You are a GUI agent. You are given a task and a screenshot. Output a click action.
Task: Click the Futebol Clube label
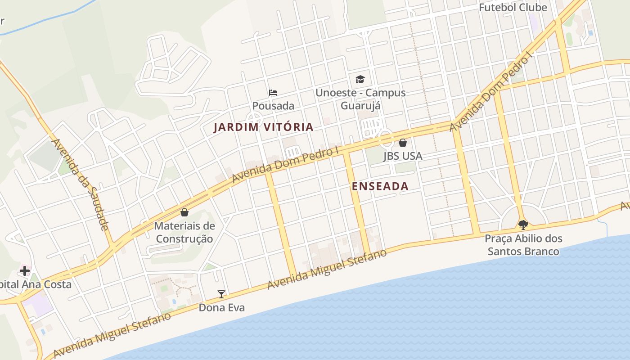pyautogui.click(x=513, y=8)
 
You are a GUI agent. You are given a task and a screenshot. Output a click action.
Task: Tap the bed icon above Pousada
pyautogui.click(x=273, y=93)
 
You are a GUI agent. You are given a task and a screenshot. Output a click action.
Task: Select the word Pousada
pyautogui.click(x=273, y=106)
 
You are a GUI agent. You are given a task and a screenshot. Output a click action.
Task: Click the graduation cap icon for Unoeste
pyautogui.click(x=360, y=80)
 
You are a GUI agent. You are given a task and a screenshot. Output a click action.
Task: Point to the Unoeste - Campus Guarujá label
pyautogui.click(x=360, y=99)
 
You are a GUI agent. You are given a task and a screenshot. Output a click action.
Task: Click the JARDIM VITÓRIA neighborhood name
pyautogui.click(x=263, y=127)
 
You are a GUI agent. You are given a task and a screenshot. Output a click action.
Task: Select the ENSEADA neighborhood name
pyautogui.click(x=380, y=186)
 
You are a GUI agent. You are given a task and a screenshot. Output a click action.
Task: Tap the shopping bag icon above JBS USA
pyautogui.click(x=403, y=143)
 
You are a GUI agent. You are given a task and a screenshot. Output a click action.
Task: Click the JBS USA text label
pyautogui.click(x=403, y=156)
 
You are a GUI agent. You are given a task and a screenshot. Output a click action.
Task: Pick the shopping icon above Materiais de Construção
pyautogui.click(x=184, y=212)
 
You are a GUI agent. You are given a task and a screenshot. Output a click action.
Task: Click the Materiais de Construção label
pyautogui.click(x=184, y=232)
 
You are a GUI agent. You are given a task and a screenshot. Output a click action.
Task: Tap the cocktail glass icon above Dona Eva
pyautogui.click(x=221, y=294)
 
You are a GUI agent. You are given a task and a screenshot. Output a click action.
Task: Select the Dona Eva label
pyautogui.click(x=221, y=308)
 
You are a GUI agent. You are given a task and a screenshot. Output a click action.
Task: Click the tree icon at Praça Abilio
pyautogui.click(x=523, y=224)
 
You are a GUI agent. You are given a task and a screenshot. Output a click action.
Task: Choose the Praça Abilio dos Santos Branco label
pyautogui.click(x=523, y=245)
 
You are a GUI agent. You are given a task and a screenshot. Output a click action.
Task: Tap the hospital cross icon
pyautogui.click(x=24, y=271)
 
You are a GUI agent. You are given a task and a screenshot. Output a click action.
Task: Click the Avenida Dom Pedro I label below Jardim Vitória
pyautogui.click(x=285, y=165)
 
